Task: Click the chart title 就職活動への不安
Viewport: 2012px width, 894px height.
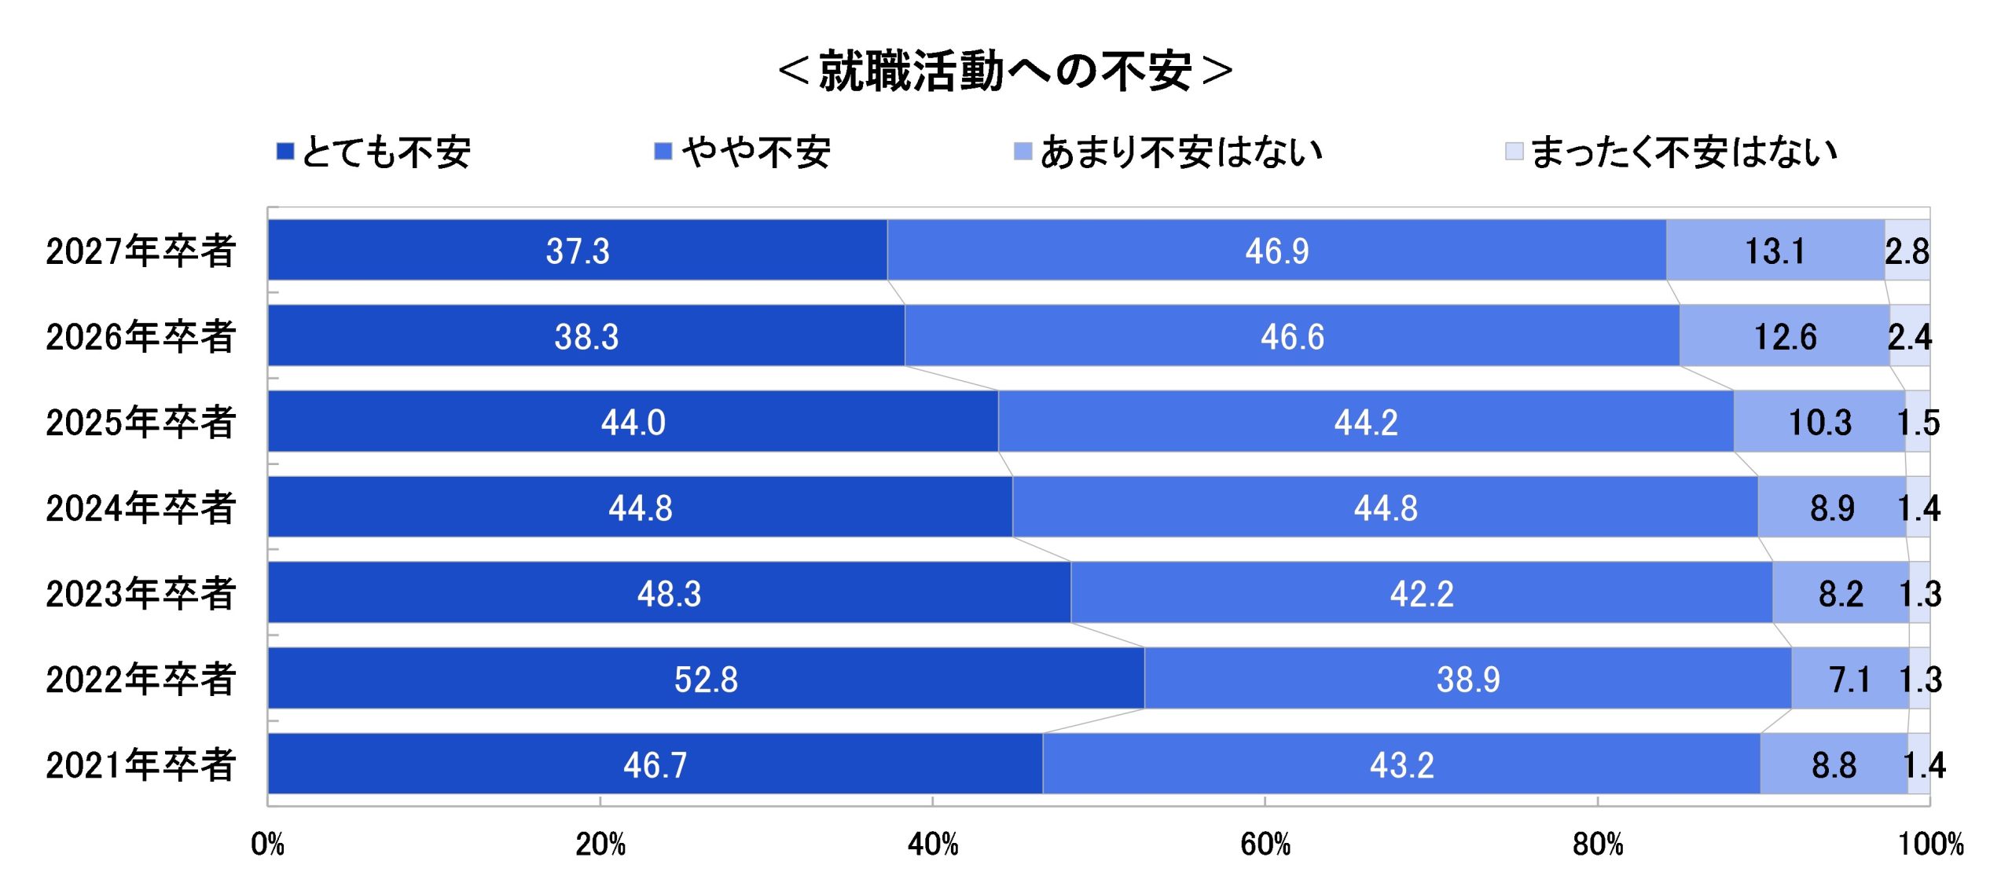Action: [1004, 71]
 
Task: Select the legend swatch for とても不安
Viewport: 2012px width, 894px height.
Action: [285, 151]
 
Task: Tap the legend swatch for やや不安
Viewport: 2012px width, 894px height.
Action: [663, 151]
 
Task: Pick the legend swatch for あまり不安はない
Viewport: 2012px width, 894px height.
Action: [1023, 151]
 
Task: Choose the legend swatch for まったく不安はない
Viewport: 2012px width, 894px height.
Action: [1514, 151]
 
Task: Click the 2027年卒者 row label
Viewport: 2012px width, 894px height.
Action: [141, 251]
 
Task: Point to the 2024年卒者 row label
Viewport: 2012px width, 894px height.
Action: [141, 508]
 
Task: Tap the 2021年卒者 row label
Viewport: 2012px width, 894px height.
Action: [141, 765]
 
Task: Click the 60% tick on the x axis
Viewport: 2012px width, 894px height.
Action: [1265, 845]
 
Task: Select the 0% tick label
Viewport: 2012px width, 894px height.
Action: [267, 845]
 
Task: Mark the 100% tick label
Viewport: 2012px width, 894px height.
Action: [1930, 845]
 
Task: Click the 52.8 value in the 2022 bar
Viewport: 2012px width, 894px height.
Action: [706, 680]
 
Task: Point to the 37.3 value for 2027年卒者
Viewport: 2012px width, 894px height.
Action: [578, 251]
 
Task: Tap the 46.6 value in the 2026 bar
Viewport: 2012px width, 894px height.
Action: [1292, 337]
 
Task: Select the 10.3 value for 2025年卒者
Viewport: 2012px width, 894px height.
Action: [1820, 423]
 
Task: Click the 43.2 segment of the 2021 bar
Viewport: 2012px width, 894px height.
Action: [1401, 765]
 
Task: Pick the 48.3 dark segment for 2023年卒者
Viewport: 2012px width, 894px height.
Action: [669, 594]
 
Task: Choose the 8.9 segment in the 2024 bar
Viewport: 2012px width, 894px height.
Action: [1832, 508]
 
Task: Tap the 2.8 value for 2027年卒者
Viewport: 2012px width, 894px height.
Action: [1907, 251]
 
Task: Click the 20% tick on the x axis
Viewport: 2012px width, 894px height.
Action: [600, 845]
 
